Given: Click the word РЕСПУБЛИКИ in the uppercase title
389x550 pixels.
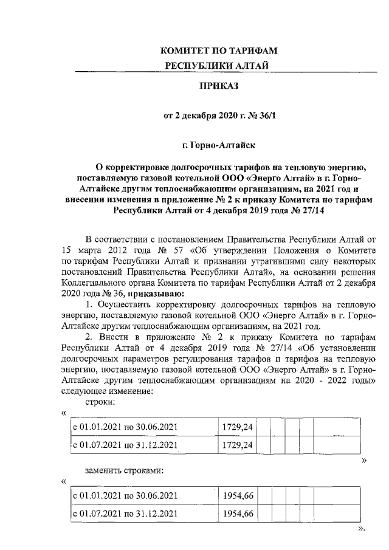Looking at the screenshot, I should coord(190,65).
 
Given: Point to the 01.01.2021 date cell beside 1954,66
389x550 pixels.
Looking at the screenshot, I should coord(125,496).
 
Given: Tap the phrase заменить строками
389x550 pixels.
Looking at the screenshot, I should coord(123,470).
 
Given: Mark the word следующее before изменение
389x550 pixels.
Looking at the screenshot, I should coord(86,391).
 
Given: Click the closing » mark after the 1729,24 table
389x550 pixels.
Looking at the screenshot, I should coord(364,461).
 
